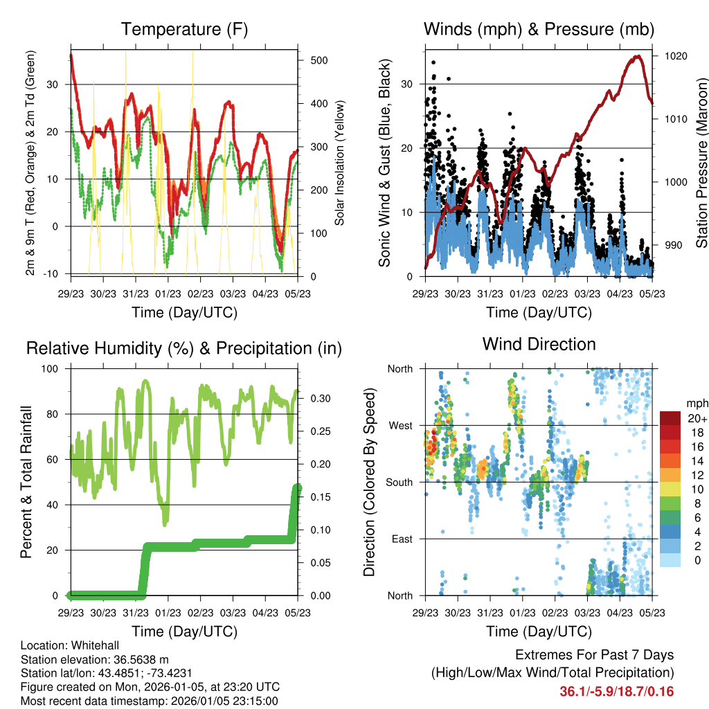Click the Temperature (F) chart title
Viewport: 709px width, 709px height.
tap(184, 30)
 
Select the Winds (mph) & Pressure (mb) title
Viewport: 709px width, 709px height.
tap(539, 30)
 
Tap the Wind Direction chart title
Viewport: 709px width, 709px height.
tap(539, 344)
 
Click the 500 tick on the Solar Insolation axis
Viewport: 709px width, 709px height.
tap(318, 60)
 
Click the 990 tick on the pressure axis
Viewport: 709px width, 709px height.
tap(670, 245)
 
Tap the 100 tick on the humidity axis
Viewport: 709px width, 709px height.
tap(50, 369)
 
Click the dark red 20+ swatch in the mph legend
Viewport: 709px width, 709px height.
tap(670, 419)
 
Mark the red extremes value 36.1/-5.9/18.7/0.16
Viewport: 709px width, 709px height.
tap(616, 692)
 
